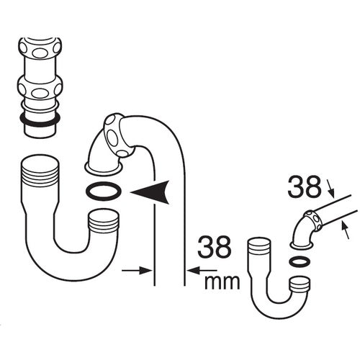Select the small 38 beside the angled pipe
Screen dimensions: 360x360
(x=304, y=189)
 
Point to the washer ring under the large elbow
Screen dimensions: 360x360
(x=103, y=192)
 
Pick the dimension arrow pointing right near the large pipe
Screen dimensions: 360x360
(x=137, y=271)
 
